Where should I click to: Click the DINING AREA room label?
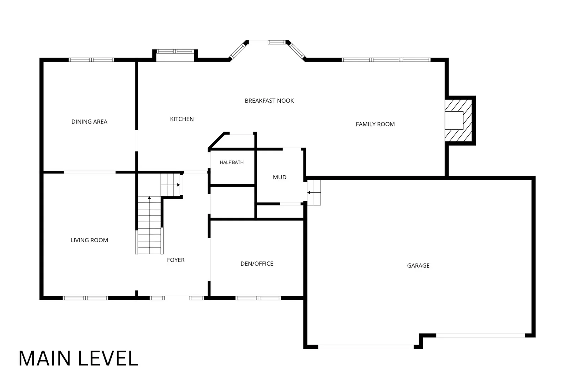coord(89,122)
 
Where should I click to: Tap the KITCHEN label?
coord(182,119)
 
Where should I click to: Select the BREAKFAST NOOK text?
coord(269,101)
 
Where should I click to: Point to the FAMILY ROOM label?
coord(375,124)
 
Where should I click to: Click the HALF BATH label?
coord(232,162)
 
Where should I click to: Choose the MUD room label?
coord(280,177)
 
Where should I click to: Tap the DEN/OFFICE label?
coord(257,263)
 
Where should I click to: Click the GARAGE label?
coord(418,266)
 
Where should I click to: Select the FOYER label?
coord(176,260)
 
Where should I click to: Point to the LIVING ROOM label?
coord(89,240)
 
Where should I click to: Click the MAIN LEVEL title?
coord(79,358)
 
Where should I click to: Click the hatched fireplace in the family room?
coord(458,121)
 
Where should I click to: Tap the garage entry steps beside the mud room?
coord(314,193)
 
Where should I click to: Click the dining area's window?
coord(91,60)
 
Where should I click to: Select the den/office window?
coord(258,298)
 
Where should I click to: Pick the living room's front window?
coord(85,298)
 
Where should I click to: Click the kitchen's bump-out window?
coord(175,51)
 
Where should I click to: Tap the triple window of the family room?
coord(386,60)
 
